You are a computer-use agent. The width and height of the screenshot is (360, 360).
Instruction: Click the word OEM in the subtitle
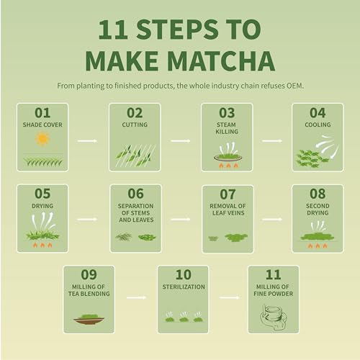coord(293,86)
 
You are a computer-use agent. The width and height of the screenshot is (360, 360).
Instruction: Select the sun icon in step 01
coord(42,138)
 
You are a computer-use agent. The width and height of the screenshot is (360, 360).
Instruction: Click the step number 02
coord(135,112)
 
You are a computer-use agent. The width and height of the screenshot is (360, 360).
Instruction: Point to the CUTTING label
coord(135,125)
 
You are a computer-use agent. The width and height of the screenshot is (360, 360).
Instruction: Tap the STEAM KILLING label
coord(227,128)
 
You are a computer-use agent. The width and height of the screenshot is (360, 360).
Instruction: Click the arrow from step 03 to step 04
coord(272,140)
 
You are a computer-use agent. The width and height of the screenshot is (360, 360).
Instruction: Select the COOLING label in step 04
coord(318,125)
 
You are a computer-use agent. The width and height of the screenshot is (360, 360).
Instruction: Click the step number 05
coord(42,194)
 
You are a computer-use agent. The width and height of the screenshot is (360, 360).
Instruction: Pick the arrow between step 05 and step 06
coord(87,218)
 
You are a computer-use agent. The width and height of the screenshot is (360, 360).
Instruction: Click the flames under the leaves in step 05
coord(42,245)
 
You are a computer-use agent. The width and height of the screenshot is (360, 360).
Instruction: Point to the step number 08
coord(318,194)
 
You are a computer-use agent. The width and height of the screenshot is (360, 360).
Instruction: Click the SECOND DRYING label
coord(318,210)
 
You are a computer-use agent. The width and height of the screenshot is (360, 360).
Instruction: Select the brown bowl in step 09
coord(89,320)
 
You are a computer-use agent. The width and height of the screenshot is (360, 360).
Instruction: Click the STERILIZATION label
coord(183,287)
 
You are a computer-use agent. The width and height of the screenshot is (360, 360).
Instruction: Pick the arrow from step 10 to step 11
coord(229,297)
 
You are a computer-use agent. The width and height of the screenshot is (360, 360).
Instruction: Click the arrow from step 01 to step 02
coord(87,140)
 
